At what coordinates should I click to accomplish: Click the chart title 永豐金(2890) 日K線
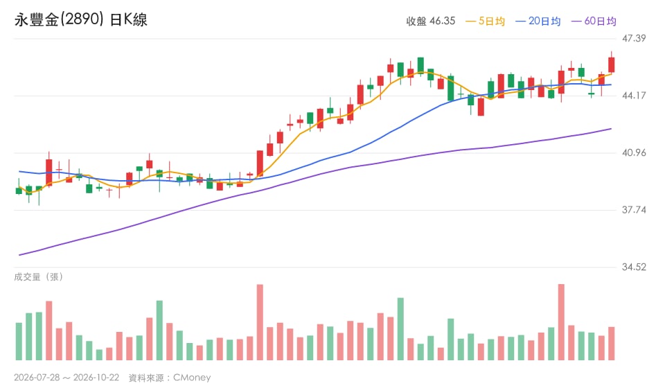pyautogui.click(x=80, y=19)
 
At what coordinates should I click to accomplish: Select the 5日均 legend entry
pyautogui.click(x=485, y=21)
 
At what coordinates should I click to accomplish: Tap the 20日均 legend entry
pyautogui.click(x=538, y=21)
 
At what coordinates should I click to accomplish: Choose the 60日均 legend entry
pyautogui.click(x=594, y=21)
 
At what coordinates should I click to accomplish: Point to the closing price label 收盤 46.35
pyautogui.click(x=430, y=21)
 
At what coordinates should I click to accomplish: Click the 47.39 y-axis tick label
pyautogui.click(x=634, y=39)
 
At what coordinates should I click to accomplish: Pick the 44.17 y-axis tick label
pyautogui.click(x=634, y=96)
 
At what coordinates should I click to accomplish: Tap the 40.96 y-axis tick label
pyautogui.click(x=634, y=152)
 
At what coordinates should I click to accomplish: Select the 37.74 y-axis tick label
pyautogui.click(x=634, y=210)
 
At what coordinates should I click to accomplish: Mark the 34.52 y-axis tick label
pyautogui.click(x=634, y=267)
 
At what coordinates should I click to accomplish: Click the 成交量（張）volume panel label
pyautogui.click(x=39, y=277)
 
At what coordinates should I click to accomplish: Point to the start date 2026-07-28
pyautogui.click(x=37, y=378)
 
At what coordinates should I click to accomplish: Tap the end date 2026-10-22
pyautogui.click(x=96, y=378)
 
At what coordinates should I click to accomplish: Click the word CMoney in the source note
pyautogui.click(x=192, y=378)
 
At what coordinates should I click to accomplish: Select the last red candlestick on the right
pyautogui.click(x=611, y=65)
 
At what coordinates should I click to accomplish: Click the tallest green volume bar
pyautogui.click(x=400, y=329)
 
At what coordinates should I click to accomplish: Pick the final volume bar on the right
pyautogui.click(x=611, y=344)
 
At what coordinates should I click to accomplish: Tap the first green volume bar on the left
pyautogui.click(x=19, y=342)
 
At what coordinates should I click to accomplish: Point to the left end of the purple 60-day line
pyautogui.click(x=19, y=255)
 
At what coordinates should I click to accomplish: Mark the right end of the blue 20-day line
pyautogui.click(x=611, y=85)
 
